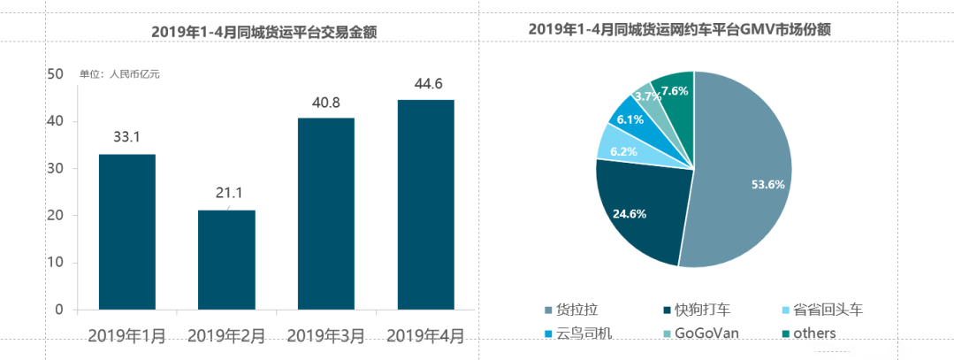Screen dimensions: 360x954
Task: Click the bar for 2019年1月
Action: point(126,232)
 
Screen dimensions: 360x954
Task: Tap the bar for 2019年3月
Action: point(325,213)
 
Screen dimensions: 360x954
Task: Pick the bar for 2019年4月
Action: point(425,204)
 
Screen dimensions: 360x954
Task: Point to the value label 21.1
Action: point(225,194)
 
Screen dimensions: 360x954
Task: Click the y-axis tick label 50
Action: point(55,74)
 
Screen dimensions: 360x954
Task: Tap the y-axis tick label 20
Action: point(55,216)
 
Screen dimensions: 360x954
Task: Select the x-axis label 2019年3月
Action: point(325,336)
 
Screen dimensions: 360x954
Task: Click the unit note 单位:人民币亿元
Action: point(119,74)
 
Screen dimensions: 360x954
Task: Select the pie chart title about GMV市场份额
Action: point(685,29)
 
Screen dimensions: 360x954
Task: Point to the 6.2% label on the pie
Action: point(624,151)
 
